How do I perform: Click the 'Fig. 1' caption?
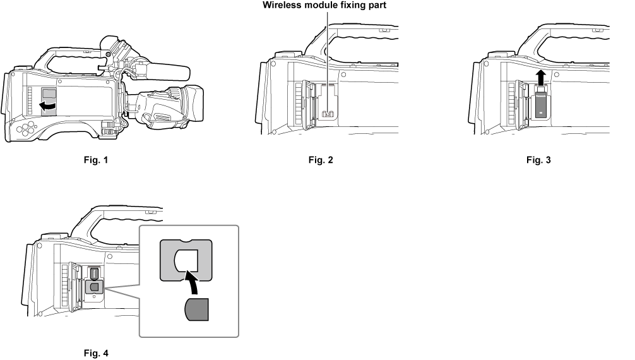(x=97, y=160)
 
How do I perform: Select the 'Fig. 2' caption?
(x=320, y=160)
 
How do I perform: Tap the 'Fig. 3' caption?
(x=538, y=160)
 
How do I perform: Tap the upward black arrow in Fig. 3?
(x=540, y=80)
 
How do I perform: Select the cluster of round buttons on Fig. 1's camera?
(x=25, y=129)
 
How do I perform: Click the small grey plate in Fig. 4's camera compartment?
(x=95, y=287)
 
